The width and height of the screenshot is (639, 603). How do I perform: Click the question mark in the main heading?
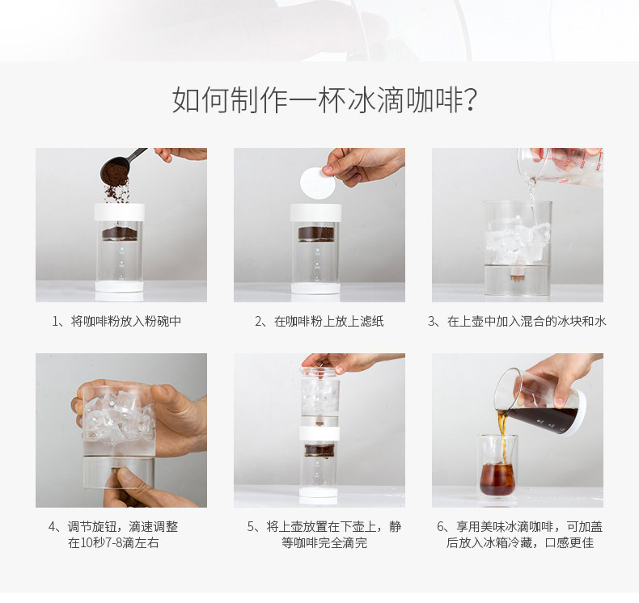coord(470,100)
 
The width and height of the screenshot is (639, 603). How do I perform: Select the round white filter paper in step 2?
coord(317,183)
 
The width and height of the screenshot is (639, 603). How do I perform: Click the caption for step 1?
coord(117,321)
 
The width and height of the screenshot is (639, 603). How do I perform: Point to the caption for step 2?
coord(319,321)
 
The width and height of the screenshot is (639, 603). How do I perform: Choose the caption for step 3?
coord(517,321)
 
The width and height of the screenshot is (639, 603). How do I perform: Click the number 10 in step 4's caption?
coord(85,542)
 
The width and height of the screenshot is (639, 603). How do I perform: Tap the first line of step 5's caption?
coord(324,526)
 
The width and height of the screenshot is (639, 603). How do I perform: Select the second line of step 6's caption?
coord(520,542)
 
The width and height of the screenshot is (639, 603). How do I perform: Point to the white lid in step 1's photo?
coord(120,212)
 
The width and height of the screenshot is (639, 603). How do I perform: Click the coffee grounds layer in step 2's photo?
coord(316,234)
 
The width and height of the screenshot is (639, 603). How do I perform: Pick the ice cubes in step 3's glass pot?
coord(516,240)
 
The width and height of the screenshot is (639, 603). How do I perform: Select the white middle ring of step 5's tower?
coord(319,433)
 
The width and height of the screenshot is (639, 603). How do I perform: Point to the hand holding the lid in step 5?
coord(353,362)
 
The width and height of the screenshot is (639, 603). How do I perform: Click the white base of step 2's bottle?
coord(315,289)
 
